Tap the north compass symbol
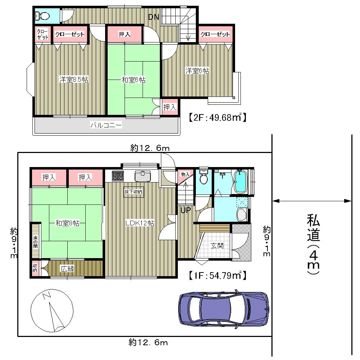[x=53, y=311]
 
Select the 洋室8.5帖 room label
[x=74, y=80]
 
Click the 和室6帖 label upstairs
[x=134, y=80]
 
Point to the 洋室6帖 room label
[x=197, y=71]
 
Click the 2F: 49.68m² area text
[x=217, y=117]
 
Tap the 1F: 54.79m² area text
[x=217, y=276]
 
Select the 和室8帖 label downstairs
[x=67, y=223]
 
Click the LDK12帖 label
[x=140, y=223]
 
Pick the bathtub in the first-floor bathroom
[x=240, y=182]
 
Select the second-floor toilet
[x=43, y=16]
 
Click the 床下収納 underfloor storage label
[x=134, y=192]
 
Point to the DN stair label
[x=154, y=17]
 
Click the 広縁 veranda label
[x=67, y=269]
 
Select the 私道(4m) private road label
[x=312, y=245]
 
